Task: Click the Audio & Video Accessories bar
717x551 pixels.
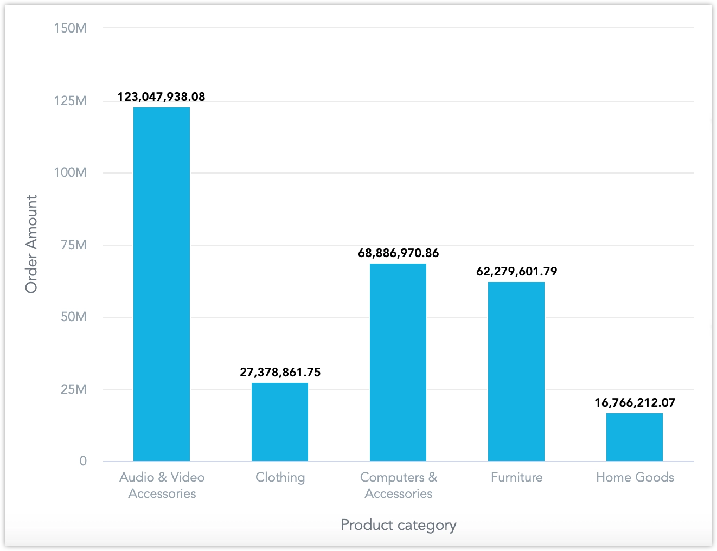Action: (x=162, y=284)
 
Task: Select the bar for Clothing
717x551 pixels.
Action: (x=280, y=422)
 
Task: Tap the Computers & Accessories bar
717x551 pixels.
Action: (x=398, y=362)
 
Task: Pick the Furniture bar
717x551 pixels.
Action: (x=516, y=371)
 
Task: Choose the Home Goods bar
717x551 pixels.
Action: (x=635, y=437)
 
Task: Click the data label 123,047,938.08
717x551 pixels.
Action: (x=162, y=97)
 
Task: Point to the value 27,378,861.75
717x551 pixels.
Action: (x=280, y=373)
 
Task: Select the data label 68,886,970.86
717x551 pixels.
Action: (x=398, y=253)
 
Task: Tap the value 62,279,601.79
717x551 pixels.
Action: (x=516, y=272)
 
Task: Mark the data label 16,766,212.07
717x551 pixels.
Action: (x=635, y=403)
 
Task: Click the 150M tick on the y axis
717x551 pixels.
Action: (x=70, y=28)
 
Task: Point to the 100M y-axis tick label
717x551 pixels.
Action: (x=70, y=173)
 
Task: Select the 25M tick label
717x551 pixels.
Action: (x=73, y=389)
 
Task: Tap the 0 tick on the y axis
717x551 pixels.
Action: (x=83, y=461)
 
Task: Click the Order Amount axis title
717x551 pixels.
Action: (x=31, y=244)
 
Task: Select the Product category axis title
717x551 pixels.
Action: (x=398, y=525)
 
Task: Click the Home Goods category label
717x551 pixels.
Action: (x=635, y=477)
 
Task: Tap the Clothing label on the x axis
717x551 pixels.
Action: (x=280, y=477)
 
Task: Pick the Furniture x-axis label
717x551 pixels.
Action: (x=516, y=477)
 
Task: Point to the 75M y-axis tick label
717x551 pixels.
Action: (x=73, y=245)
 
